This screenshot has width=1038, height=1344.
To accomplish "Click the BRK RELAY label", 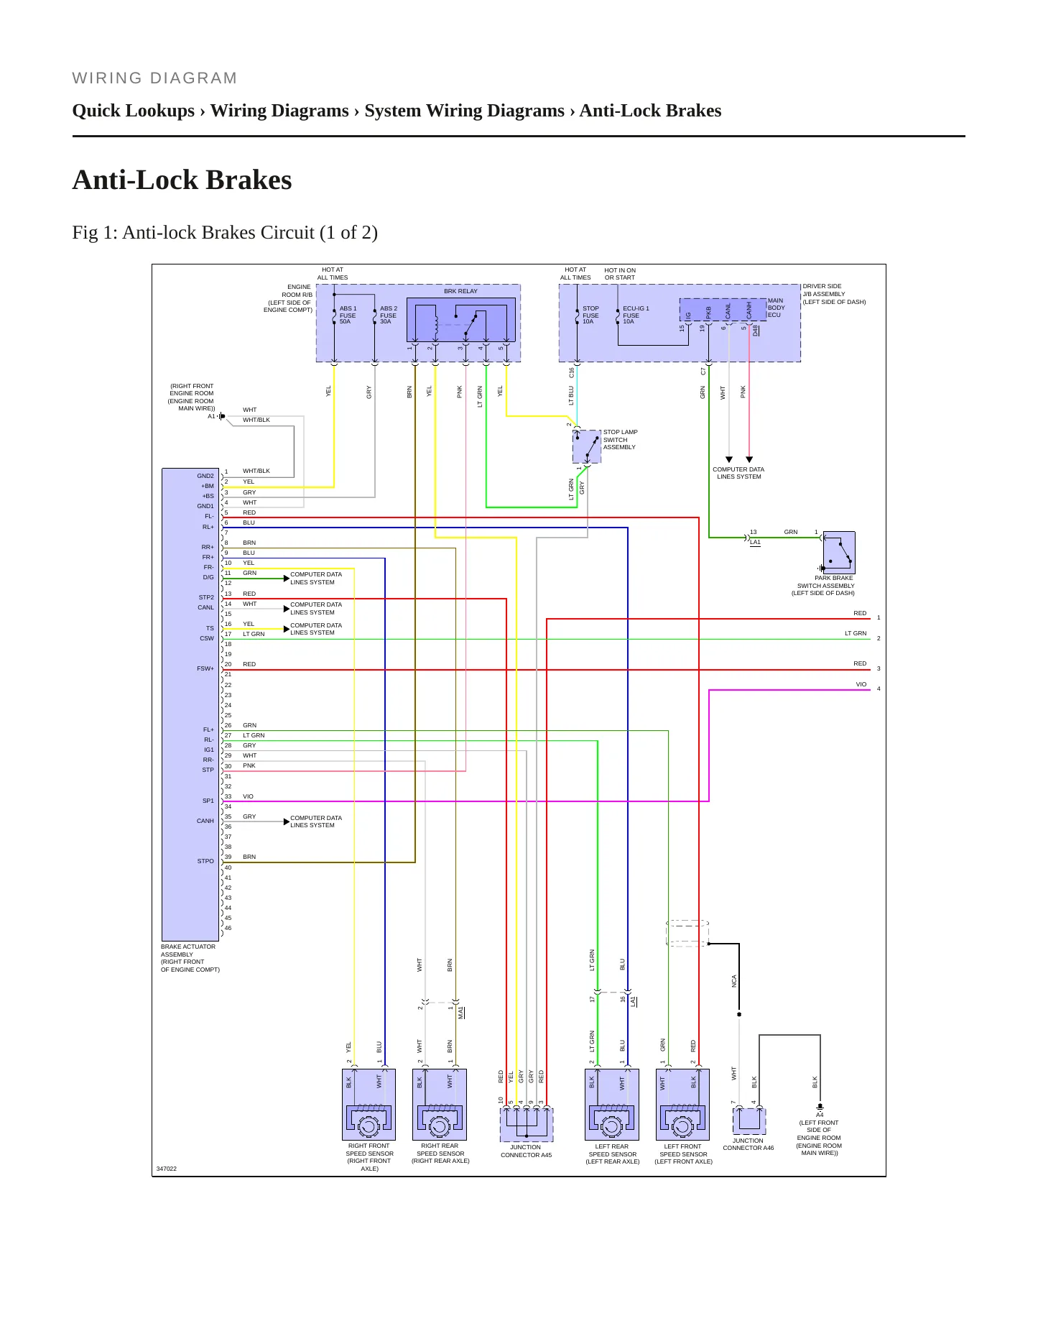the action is coord(460,291).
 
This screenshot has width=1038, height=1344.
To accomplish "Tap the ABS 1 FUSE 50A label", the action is coord(348,315).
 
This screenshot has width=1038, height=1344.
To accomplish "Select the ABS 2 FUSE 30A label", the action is coord(388,315).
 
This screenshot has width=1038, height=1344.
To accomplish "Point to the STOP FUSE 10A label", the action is coord(590,315).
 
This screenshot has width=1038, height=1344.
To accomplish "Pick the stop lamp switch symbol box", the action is coord(587,446).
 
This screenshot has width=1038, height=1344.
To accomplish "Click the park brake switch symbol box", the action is coord(839,552).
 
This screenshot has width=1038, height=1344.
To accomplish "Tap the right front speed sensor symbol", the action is coord(369,1104).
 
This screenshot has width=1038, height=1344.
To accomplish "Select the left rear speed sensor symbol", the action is coord(612,1104).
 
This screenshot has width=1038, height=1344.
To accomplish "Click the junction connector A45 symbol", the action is coord(527,1124).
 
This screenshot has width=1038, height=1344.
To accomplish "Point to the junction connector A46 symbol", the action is coord(749,1121).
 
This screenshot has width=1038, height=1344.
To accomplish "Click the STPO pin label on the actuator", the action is coord(205,861).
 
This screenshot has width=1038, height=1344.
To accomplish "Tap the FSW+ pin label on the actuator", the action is coord(205,668).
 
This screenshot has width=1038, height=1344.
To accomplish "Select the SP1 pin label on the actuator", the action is coord(208,801).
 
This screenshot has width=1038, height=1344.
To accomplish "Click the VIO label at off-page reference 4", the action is coord(861,684).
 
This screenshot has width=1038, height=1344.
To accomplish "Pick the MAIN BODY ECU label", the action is coord(777,308).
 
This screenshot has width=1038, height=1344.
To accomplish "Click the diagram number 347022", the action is coord(167,1169).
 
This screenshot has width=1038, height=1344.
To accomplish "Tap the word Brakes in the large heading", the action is coord(250,180).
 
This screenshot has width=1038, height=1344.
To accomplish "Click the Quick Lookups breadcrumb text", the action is coord(134,111).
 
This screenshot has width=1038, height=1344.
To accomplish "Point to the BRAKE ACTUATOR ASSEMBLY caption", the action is coord(188,950).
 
